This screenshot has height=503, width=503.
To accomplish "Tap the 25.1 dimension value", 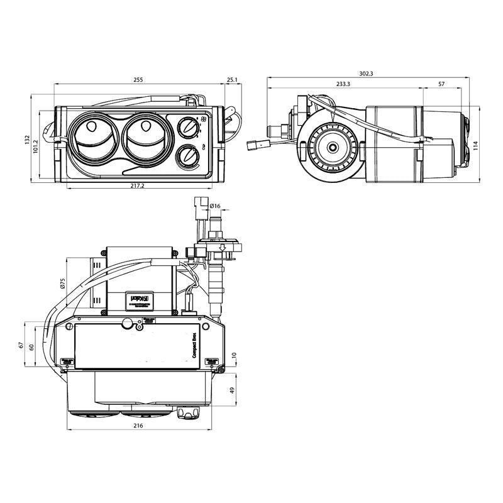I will pyautogui.click(x=232, y=80).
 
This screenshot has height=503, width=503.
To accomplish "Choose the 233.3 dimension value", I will pyautogui.click(x=343, y=84).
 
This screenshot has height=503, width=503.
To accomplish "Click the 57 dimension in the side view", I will pyautogui.click(x=441, y=84).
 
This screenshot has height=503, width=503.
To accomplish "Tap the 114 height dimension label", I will pyautogui.click(x=476, y=145).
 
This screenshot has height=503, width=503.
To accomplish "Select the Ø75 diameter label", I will pyautogui.click(x=62, y=282).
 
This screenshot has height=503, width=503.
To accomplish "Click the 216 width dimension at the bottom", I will pyautogui.click(x=138, y=426).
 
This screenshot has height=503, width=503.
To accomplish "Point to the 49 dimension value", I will pyautogui.click(x=233, y=390).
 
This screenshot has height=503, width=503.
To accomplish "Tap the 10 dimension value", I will pyautogui.click(x=233, y=356).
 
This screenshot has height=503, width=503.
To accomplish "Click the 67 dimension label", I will pyautogui.click(x=21, y=346).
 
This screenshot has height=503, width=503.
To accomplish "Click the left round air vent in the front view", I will pyautogui.click(x=92, y=138).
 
